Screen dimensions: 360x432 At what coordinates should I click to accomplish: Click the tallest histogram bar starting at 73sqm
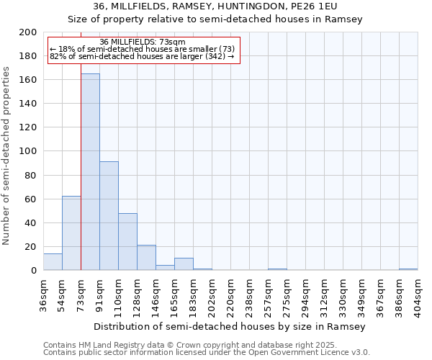coord(90,173)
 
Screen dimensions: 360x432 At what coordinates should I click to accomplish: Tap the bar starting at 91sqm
coord(109,216)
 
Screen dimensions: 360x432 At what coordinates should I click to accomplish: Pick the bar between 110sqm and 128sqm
coord(127,242)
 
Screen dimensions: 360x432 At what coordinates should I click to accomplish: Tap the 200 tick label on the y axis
coord(28,32)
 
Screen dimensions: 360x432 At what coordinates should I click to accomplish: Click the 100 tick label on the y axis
coord(28,151)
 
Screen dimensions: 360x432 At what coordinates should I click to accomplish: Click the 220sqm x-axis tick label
coord(230,297)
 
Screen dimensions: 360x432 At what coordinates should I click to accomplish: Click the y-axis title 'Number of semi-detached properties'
coord(7,156)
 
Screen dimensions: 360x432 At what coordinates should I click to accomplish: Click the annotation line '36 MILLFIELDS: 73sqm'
coord(143,42)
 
